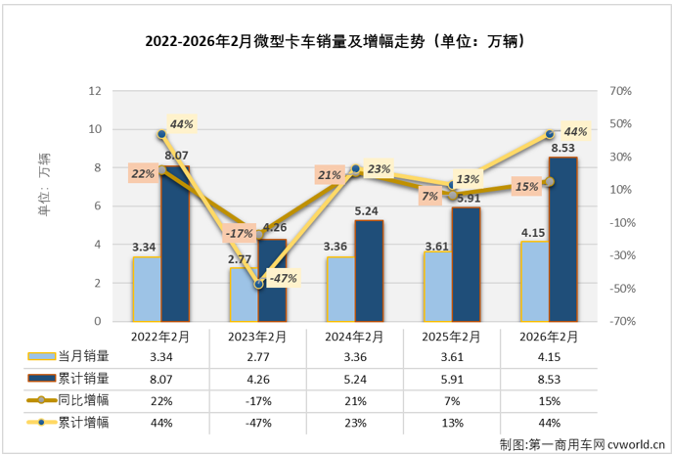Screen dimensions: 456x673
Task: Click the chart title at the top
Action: coord(336,41)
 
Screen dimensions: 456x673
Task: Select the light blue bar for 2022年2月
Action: coord(147,289)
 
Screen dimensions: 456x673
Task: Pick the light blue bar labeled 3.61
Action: coord(437,287)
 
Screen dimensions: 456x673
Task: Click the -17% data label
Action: coord(239,233)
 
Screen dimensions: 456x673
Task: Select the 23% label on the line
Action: coord(379,169)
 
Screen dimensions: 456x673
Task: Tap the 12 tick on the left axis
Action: coord(95,90)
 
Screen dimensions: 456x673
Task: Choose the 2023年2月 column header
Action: coord(258,336)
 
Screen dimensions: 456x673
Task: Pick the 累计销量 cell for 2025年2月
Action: coord(452,379)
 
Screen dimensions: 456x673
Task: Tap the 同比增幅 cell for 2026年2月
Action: coord(549,400)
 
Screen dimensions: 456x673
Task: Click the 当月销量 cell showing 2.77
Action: coord(258,357)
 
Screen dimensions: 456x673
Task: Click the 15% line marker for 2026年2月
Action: coord(549,182)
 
